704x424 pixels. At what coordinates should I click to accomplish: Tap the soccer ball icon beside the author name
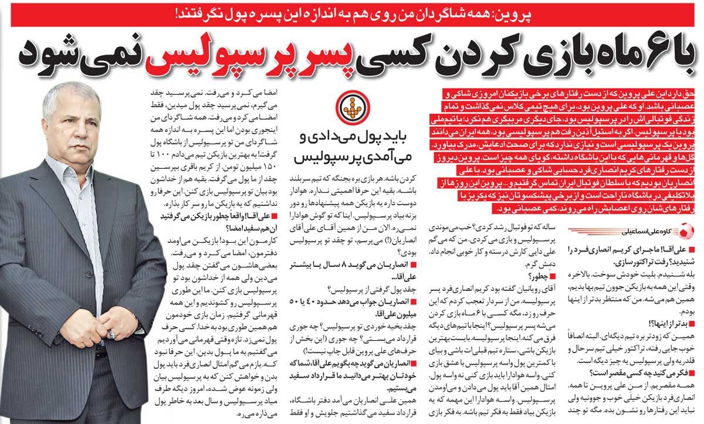[691, 229]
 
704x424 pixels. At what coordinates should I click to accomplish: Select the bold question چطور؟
[539, 277]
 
